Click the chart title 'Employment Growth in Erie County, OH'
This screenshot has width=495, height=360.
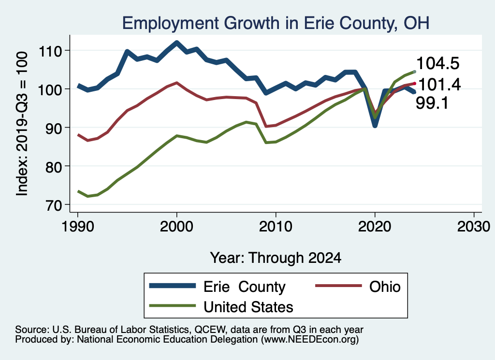[276, 23]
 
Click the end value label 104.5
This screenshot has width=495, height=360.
[437, 63]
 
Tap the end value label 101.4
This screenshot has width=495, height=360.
[438, 85]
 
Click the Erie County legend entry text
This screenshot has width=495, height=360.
[245, 287]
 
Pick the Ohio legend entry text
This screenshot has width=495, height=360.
[385, 287]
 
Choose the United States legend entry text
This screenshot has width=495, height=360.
[248, 307]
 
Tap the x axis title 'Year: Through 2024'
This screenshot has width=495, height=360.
[276, 258]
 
